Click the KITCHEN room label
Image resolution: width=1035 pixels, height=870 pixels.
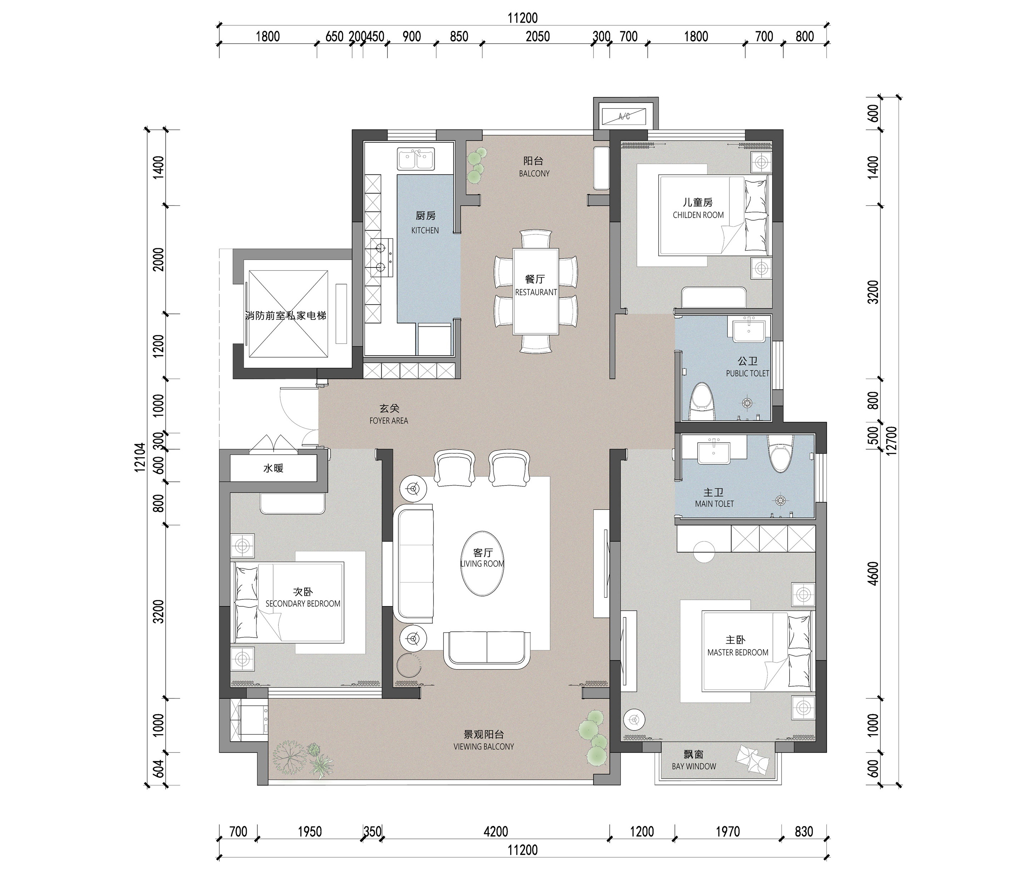coord(425,230)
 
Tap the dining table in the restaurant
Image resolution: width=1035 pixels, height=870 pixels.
coord(536,291)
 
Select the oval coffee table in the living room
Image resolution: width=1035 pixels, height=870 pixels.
coord(482,563)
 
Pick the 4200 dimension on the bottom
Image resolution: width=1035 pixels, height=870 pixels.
coord(496,831)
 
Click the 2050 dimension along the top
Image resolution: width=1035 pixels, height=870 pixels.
coord(537,36)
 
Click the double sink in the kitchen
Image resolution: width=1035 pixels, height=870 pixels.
coord(416,159)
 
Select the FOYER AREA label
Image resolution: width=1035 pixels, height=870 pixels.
coord(389,421)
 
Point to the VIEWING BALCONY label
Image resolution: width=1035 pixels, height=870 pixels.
coord(484,747)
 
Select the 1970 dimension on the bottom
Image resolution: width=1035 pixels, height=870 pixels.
coord(728,831)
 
